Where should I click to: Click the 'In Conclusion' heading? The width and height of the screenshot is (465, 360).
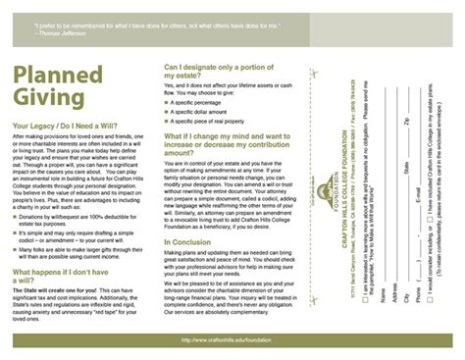[x=187, y=242]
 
